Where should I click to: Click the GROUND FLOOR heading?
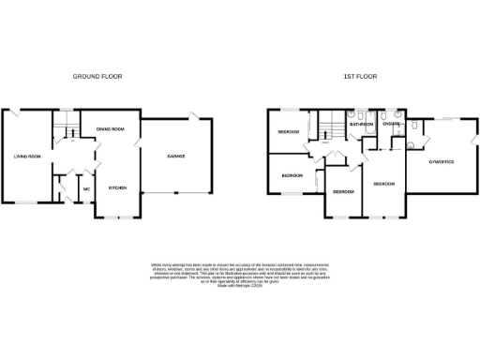[103, 76]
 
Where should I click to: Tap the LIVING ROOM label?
[26, 157]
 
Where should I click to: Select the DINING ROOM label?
[111, 128]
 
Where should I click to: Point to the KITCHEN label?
[118, 187]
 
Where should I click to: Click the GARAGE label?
[175, 156]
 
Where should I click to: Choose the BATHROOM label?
[361, 124]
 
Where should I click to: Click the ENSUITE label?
[392, 124]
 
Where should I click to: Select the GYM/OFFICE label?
[441, 161]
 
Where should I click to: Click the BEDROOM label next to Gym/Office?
[384, 184]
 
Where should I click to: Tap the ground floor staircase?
[63, 127]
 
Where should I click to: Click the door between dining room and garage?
[140, 142]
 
